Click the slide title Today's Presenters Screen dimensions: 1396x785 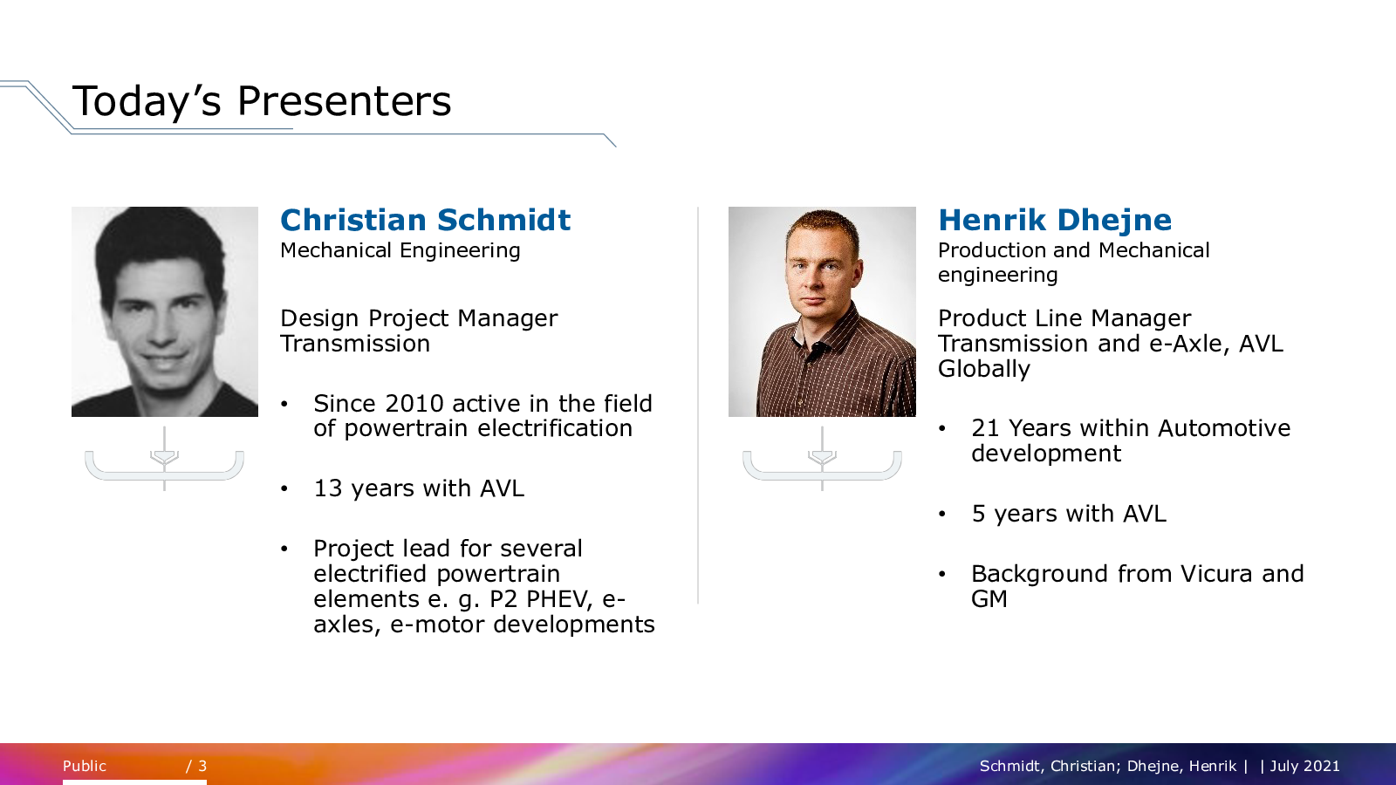pos(262,101)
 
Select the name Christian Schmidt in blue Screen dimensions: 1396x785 pos(425,220)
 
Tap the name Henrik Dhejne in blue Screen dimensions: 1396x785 pos(1055,221)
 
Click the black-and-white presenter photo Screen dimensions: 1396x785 pos(165,311)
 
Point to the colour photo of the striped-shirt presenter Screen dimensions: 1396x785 pos(822,311)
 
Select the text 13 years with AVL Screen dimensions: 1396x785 pos(419,488)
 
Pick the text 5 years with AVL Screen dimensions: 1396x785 pos(1069,514)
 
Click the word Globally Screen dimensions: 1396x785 pos(984,369)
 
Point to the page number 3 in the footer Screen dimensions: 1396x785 pos(202,766)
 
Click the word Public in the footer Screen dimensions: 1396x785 pos(84,766)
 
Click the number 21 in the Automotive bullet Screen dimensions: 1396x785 pos(985,428)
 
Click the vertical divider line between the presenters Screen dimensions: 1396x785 pos(698,405)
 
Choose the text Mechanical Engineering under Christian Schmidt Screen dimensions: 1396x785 pos(400,251)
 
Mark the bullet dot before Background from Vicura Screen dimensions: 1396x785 pos(941,575)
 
